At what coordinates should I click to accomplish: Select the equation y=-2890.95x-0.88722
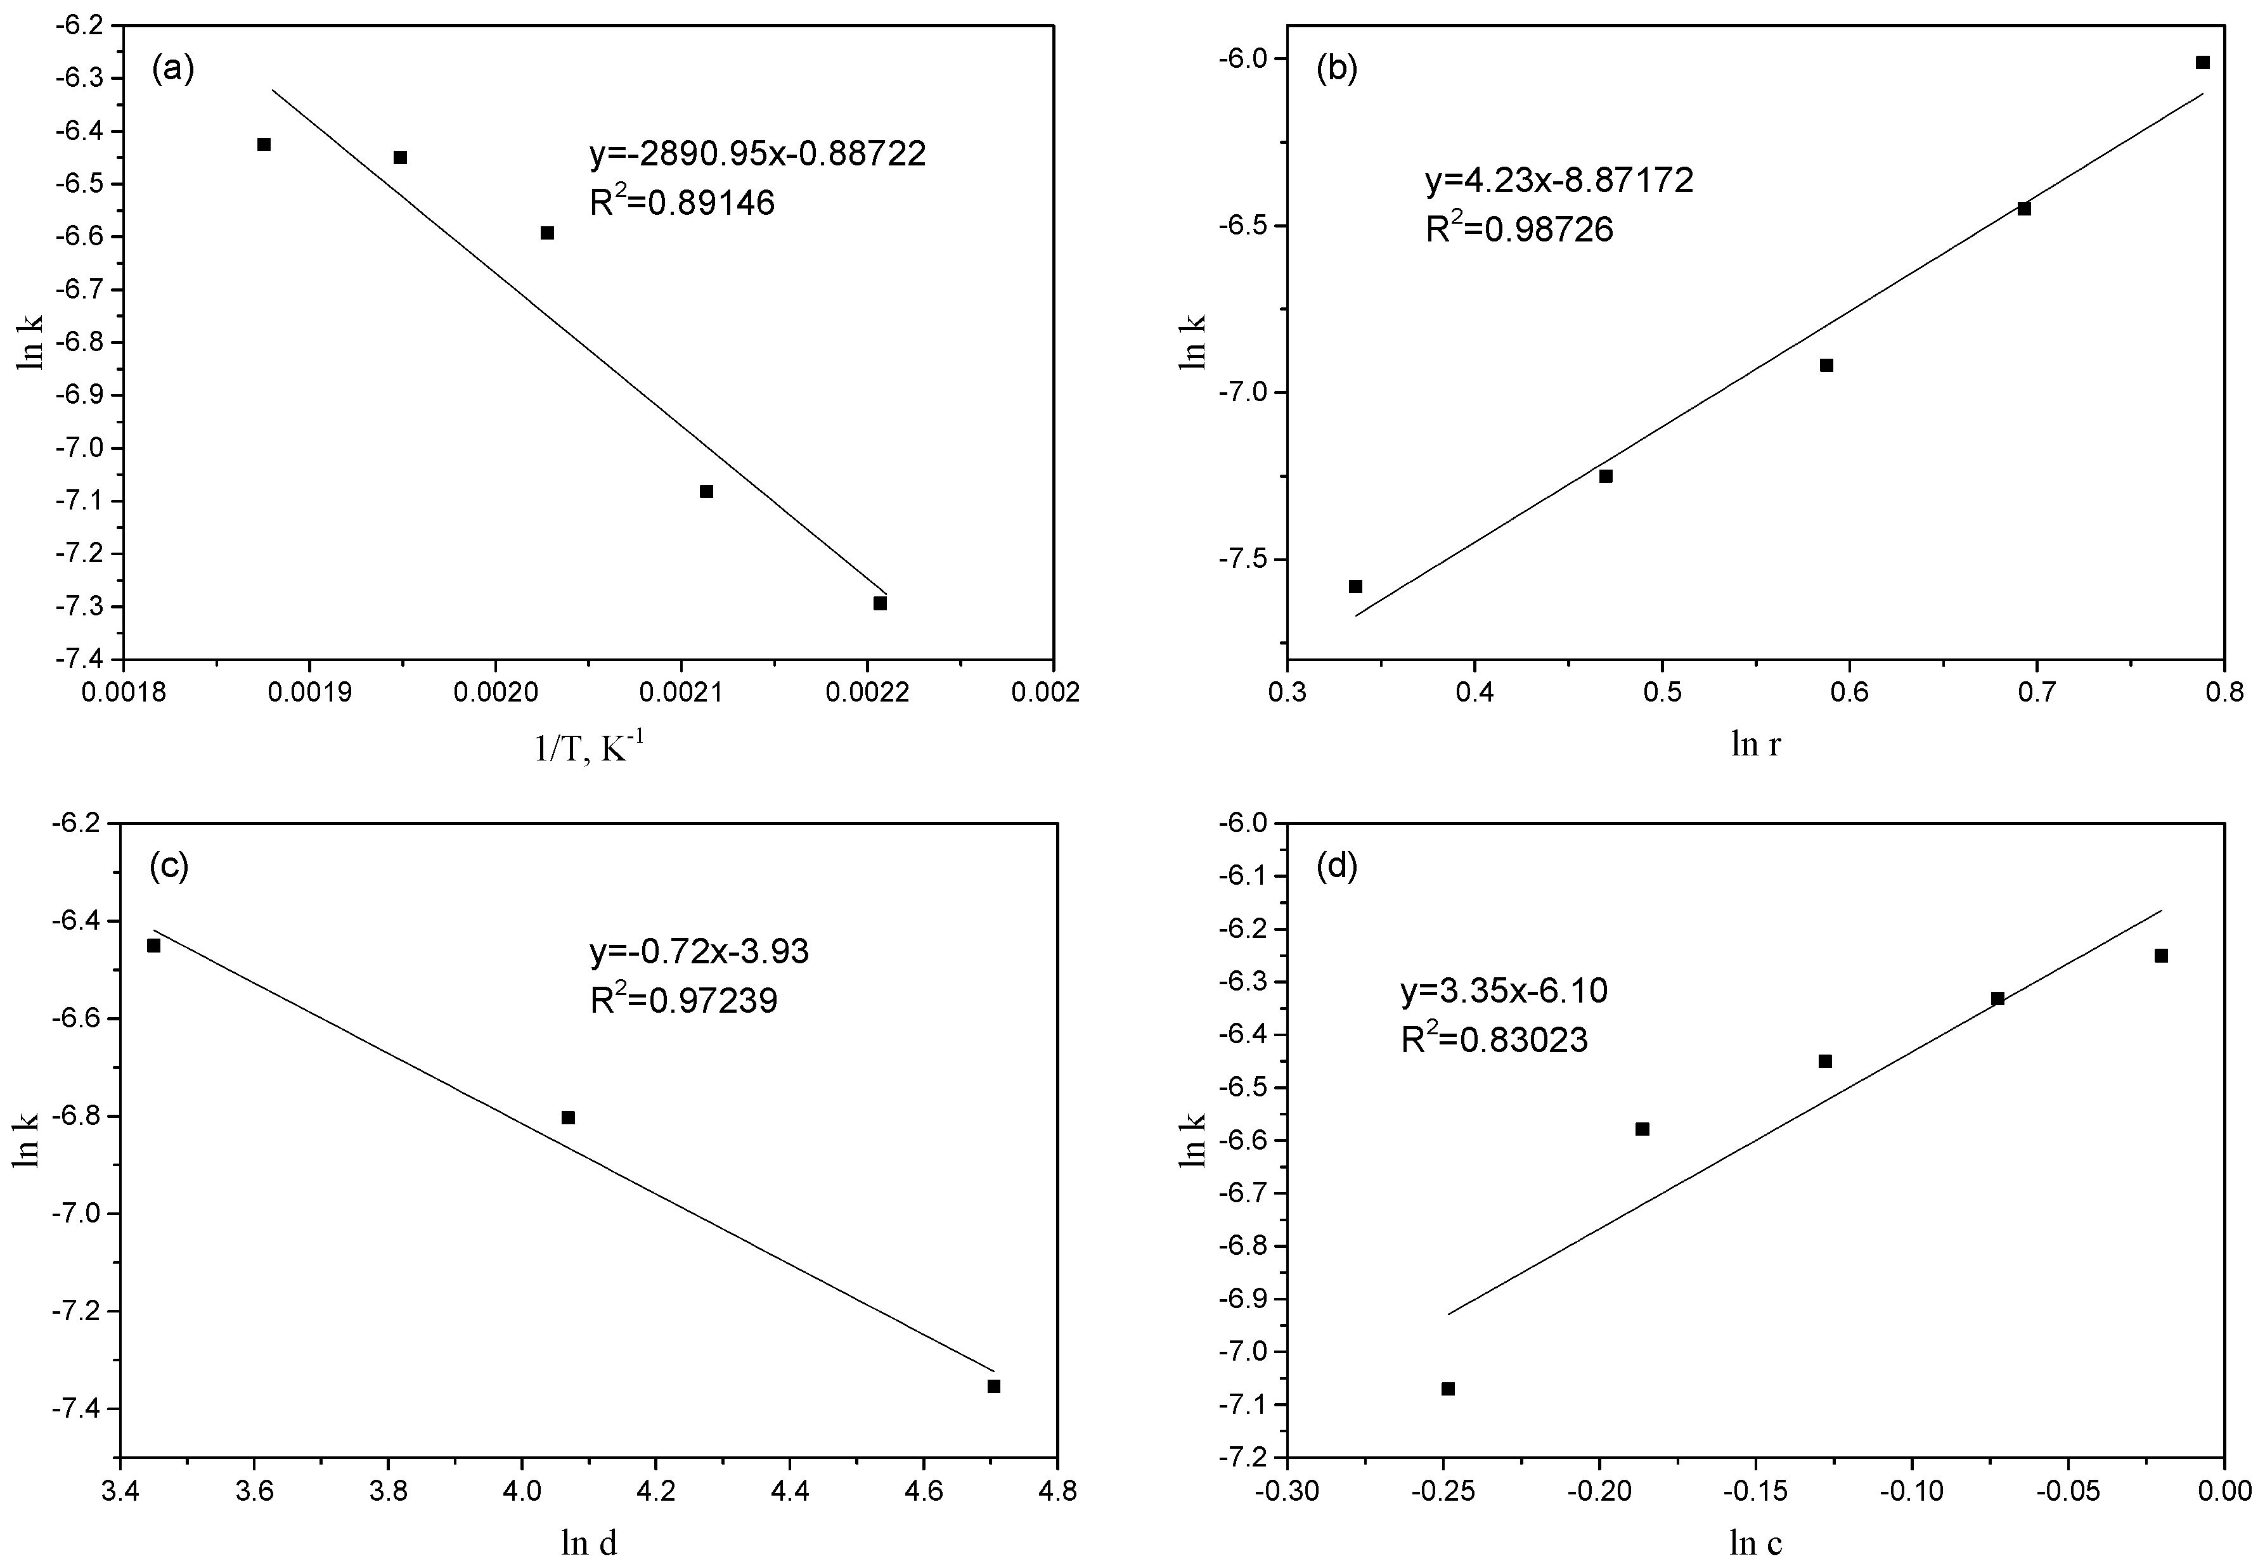pyautogui.click(x=757, y=154)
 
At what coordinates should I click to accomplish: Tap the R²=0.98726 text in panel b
pyautogui.click(x=1519, y=229)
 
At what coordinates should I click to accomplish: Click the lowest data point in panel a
pyautogui.click(x=881, y=603)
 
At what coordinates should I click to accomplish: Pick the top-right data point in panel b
pyautogui.click(x=2202, y=63)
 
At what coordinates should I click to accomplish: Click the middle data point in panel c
pyautogui.click(x=567, y=1117)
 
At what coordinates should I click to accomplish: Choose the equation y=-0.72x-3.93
pyautogui.click(x=699, y=951)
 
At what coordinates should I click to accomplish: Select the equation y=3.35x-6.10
pyautogui.click(x=1504, y=991)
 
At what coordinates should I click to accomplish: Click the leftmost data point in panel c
pyautogui.click(x=154, y=945)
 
